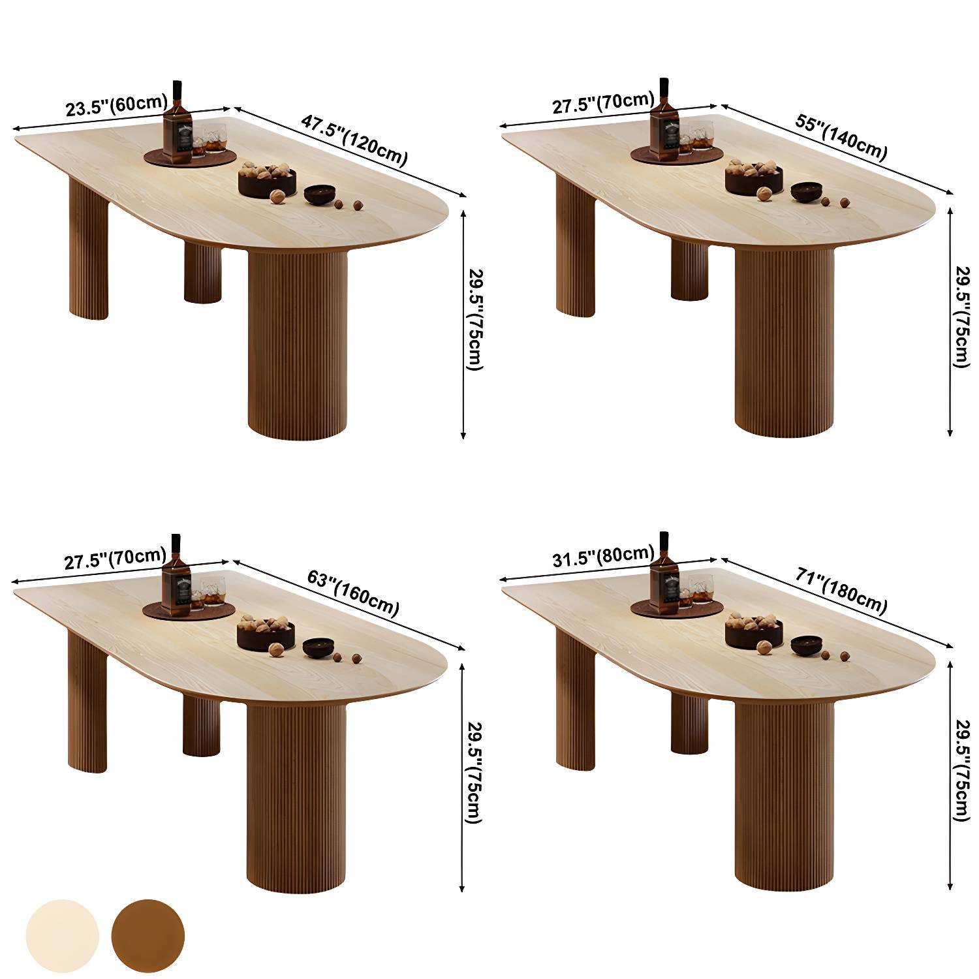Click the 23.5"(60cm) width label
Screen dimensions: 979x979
(117, 105)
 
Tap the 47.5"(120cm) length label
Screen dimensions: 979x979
(354, 140)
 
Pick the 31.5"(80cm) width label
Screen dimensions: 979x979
(602, 556)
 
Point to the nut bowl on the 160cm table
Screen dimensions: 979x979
(266, 632)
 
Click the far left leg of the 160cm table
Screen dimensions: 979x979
(87, 702)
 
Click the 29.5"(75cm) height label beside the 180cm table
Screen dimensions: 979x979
(961, 771)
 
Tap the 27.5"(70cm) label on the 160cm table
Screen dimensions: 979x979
(115, 559)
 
